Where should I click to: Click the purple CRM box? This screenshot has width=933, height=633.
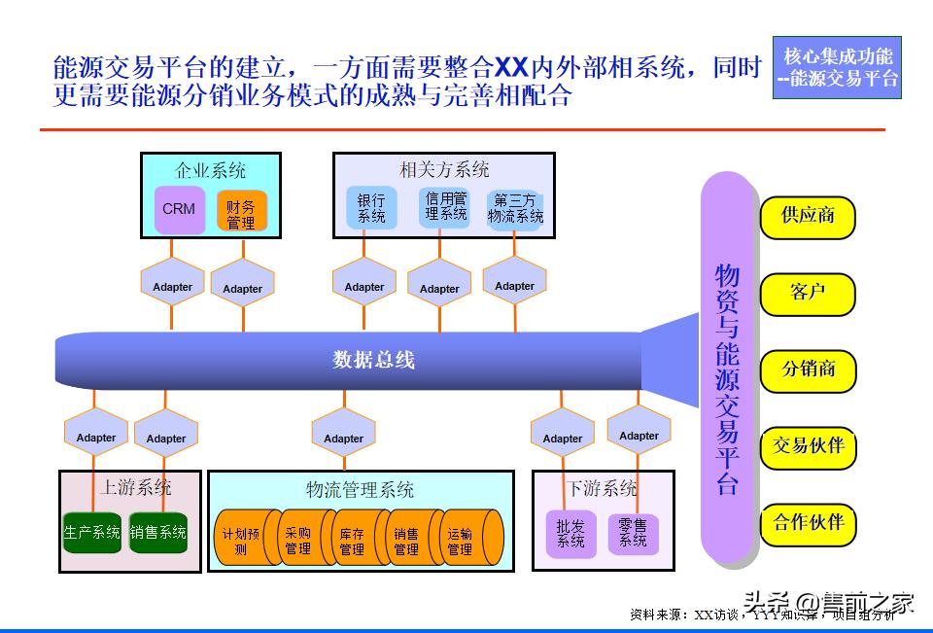coord(180,209)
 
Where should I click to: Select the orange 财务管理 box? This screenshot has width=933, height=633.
coord(241,213)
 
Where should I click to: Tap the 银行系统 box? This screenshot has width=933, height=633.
coord(371,208)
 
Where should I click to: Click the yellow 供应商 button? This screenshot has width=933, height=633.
coord(808,216)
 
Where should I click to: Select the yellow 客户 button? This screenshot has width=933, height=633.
coord(808,293)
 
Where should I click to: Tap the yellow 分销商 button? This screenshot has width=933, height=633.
coord(808,369)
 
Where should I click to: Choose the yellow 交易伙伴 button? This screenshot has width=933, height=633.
coord(808,446)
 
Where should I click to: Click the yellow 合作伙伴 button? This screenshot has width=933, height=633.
coord(808,522)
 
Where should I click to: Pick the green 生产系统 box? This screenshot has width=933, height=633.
coord(91,533)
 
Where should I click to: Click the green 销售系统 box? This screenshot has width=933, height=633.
coord(158,533)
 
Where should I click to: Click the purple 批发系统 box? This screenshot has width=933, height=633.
coord(570,534)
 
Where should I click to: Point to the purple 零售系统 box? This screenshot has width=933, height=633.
coord(633,533)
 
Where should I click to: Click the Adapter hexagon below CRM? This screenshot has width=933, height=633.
coord(172,287)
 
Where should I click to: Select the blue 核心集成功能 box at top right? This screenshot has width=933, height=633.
coord(837,68)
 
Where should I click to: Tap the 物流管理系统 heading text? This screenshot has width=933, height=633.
coord(360,488)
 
